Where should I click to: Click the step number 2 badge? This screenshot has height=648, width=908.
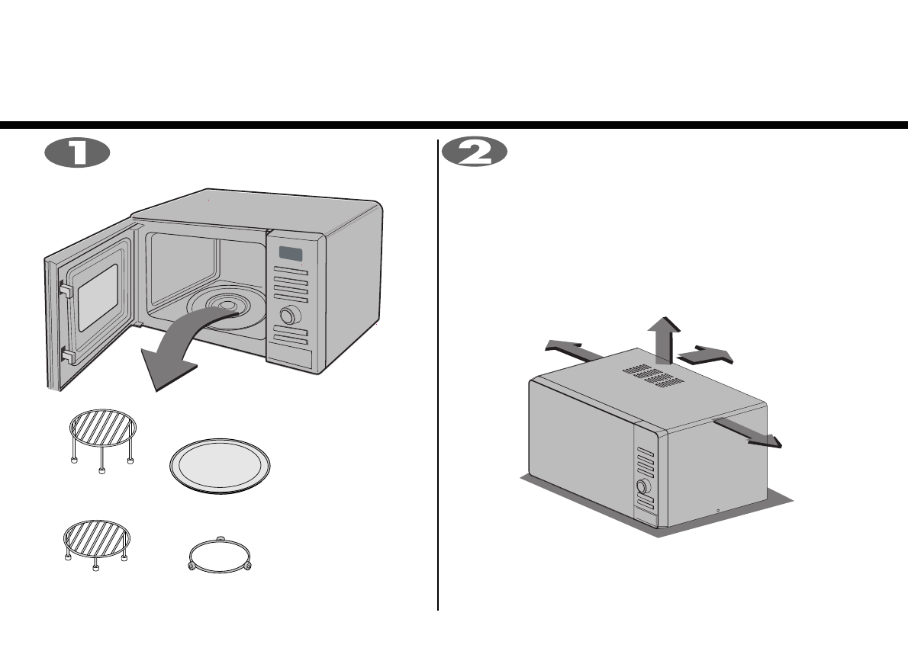tap(475, 152)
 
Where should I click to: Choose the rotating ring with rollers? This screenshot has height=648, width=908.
tap(220, 557)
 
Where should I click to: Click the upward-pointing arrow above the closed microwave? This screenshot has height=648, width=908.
tap(660, 338)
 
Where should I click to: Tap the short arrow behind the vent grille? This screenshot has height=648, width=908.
tap(706, 354)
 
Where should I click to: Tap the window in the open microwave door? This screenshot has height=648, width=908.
tap(98, 301)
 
